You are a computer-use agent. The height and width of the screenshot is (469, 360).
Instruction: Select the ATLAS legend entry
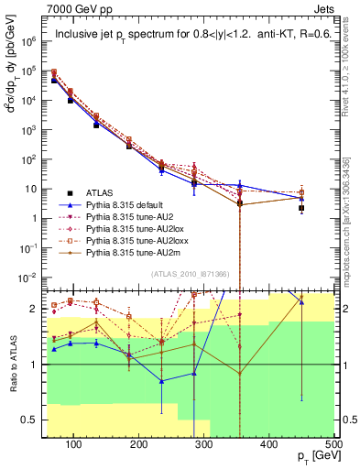[x=102, y=192]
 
